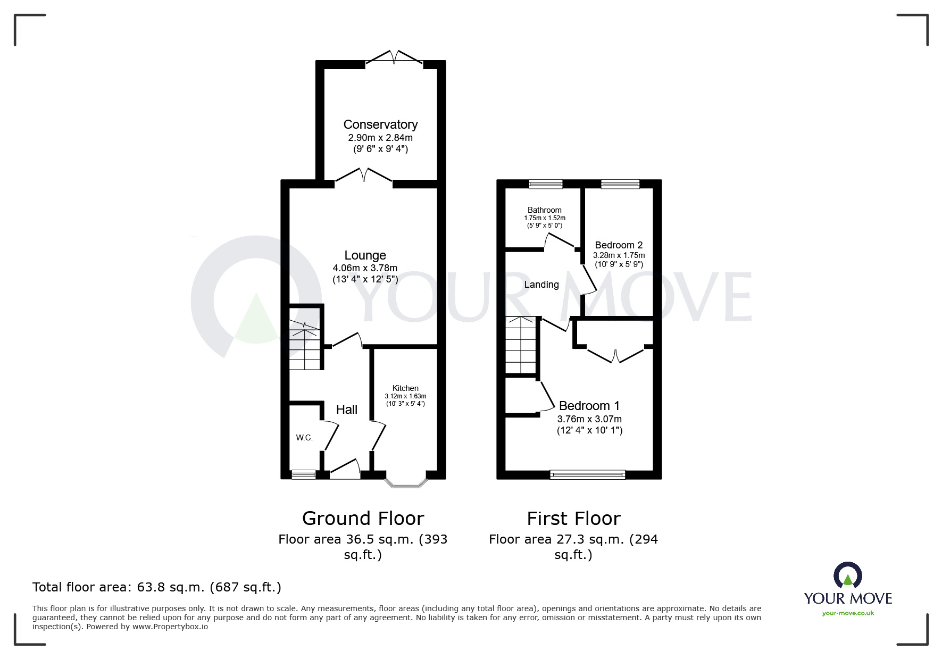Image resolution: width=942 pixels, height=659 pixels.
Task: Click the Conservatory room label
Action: pos(380,124)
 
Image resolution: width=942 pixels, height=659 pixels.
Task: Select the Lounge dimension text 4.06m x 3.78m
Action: pos(365,268)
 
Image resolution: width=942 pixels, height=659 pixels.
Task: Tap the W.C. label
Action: pos(304,438)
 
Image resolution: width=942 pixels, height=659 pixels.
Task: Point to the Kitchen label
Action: pos(405,388)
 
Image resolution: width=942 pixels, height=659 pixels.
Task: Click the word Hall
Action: pos(347,410)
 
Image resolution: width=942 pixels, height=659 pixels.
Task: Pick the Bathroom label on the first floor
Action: pos(544,210)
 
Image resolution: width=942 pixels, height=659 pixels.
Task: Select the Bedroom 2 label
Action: pos(619,245)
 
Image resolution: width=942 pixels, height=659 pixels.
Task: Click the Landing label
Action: pos(541,285)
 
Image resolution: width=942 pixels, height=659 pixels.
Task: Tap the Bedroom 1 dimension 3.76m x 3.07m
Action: pos(589,419)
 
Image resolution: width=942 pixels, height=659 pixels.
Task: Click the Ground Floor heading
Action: pos(363,518)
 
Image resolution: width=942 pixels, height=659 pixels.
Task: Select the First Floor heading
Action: pos(573,518)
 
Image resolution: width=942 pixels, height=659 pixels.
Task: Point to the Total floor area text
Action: pos(157,587)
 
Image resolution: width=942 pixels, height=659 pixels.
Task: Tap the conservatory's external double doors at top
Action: pos(394,57)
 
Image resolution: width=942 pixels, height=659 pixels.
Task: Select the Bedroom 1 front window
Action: pos(588,474)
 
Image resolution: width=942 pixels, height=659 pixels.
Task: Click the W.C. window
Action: pos(304,474)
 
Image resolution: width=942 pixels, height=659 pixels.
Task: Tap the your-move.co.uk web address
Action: pos(848,613)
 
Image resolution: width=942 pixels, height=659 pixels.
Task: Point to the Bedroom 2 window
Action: pos(620,184)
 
